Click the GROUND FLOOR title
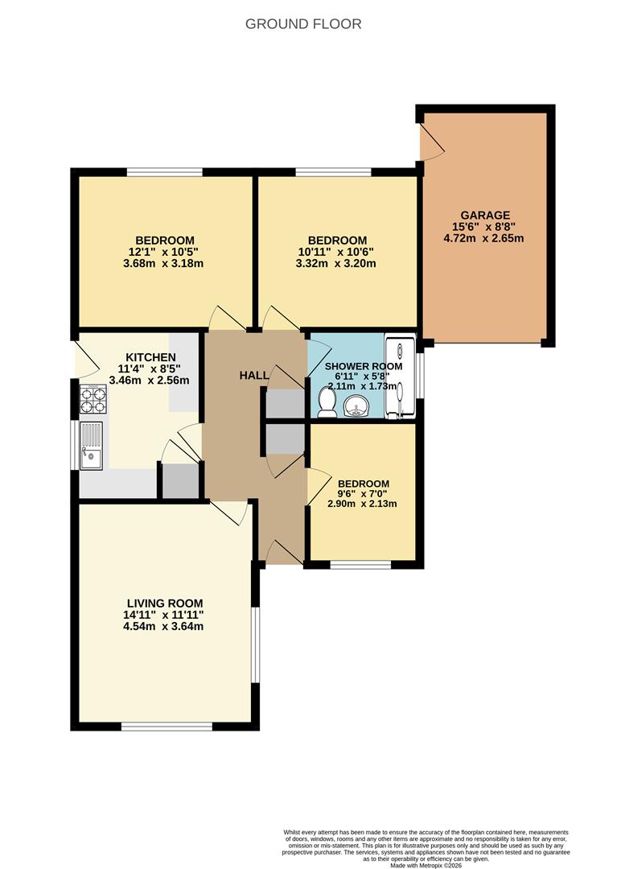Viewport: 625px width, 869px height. (303, 24)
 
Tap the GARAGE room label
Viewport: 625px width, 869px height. (485, 215)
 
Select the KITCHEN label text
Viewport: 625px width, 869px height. (150, 357)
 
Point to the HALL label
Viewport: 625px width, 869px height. (253, 375)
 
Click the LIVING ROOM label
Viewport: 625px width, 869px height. (165, 603)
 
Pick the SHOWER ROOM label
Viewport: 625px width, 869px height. (364, 366)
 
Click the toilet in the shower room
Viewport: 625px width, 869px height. (327, 402)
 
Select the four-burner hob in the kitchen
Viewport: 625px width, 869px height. (93, 399)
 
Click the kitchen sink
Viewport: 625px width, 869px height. (91, 446)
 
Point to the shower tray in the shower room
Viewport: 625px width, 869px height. (400, 377)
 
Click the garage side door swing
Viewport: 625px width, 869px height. (432, 142)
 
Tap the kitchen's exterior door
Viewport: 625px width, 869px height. (86, 360)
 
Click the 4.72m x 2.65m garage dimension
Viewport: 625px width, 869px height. (483, 238)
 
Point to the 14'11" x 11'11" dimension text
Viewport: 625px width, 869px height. (164, 615)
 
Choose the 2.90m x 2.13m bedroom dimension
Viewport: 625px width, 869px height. (362, 504)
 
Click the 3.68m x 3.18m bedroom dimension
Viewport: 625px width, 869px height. (163, 263)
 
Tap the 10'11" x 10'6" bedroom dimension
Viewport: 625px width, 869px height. (335, 252)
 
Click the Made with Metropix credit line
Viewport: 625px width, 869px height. (426, 864)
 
